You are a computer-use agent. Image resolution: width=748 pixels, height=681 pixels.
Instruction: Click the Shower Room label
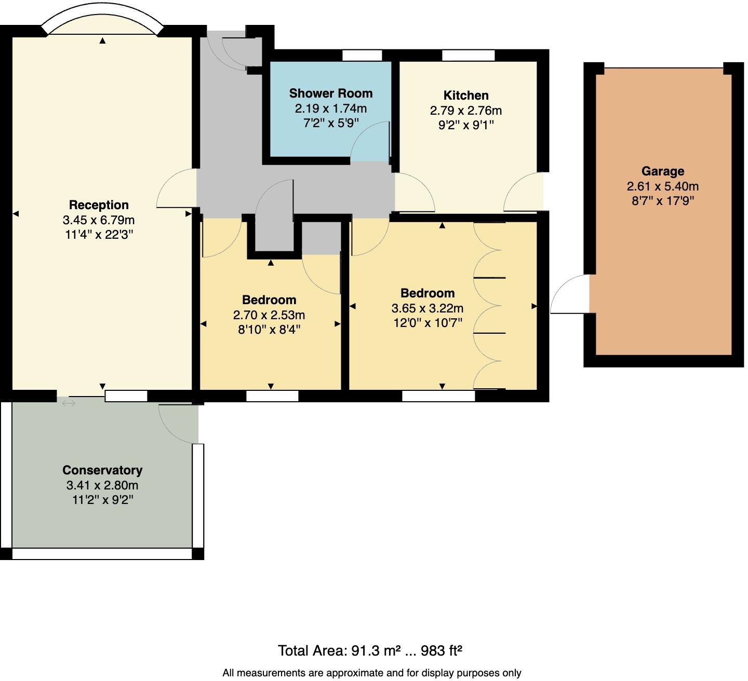331,93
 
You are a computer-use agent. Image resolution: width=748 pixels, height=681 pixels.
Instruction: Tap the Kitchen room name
466,96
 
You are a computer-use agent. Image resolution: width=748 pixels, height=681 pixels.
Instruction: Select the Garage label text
662,171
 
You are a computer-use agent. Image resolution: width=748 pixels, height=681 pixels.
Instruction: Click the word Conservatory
102,470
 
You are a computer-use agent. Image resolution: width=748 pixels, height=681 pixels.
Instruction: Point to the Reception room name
99,205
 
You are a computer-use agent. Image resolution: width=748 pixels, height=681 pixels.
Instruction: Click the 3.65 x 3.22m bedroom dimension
427,308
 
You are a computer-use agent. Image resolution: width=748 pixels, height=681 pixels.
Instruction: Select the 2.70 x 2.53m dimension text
269,315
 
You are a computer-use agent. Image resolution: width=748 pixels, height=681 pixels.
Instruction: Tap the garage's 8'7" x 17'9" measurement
662,201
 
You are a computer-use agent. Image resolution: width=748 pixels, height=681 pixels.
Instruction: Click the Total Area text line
370,650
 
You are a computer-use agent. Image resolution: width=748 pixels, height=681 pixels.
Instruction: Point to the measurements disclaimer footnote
371,673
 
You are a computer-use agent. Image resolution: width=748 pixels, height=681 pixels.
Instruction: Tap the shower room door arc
370,142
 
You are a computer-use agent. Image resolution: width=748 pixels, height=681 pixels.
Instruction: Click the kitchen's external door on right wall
524,193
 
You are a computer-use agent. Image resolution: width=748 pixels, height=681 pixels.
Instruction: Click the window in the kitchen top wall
468,55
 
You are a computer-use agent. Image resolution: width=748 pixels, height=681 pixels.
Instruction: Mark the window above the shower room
362,55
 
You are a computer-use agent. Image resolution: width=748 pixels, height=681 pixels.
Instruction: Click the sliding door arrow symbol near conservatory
69,403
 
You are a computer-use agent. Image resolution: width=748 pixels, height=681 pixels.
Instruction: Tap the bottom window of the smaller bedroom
272,397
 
